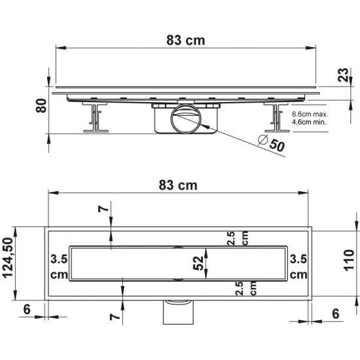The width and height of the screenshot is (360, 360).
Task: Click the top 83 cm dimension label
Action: [185, 41]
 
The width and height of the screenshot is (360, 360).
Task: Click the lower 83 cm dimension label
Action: [178, 185]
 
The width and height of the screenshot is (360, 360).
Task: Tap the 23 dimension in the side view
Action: [344, 75]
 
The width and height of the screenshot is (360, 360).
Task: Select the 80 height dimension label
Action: [41, 105]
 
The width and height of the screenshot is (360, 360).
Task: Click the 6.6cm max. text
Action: [310, 114]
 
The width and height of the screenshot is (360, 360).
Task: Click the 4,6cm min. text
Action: [309, 122]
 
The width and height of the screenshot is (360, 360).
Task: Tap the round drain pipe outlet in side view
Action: [186, 119]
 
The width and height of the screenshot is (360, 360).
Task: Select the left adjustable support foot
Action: [96, 118]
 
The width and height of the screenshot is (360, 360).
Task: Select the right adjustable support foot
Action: [276, 118]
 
